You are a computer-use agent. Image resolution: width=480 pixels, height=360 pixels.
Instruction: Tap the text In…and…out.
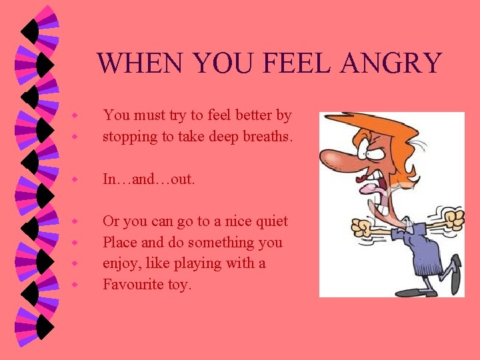click(x=149, y=179)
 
